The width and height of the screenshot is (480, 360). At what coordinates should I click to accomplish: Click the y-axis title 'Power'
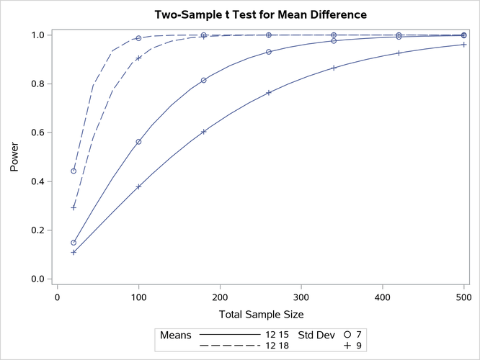pos(14,156)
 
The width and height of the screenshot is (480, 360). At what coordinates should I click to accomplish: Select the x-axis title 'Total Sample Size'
pos(260,314)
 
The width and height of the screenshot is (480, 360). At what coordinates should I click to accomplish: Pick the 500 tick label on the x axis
pos(464,295)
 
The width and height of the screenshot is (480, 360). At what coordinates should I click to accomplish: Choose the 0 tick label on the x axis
pos(58,295)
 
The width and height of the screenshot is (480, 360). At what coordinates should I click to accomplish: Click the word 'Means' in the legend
pos(175,335)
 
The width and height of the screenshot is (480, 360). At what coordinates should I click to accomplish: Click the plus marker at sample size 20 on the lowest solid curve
pos(74,252)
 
